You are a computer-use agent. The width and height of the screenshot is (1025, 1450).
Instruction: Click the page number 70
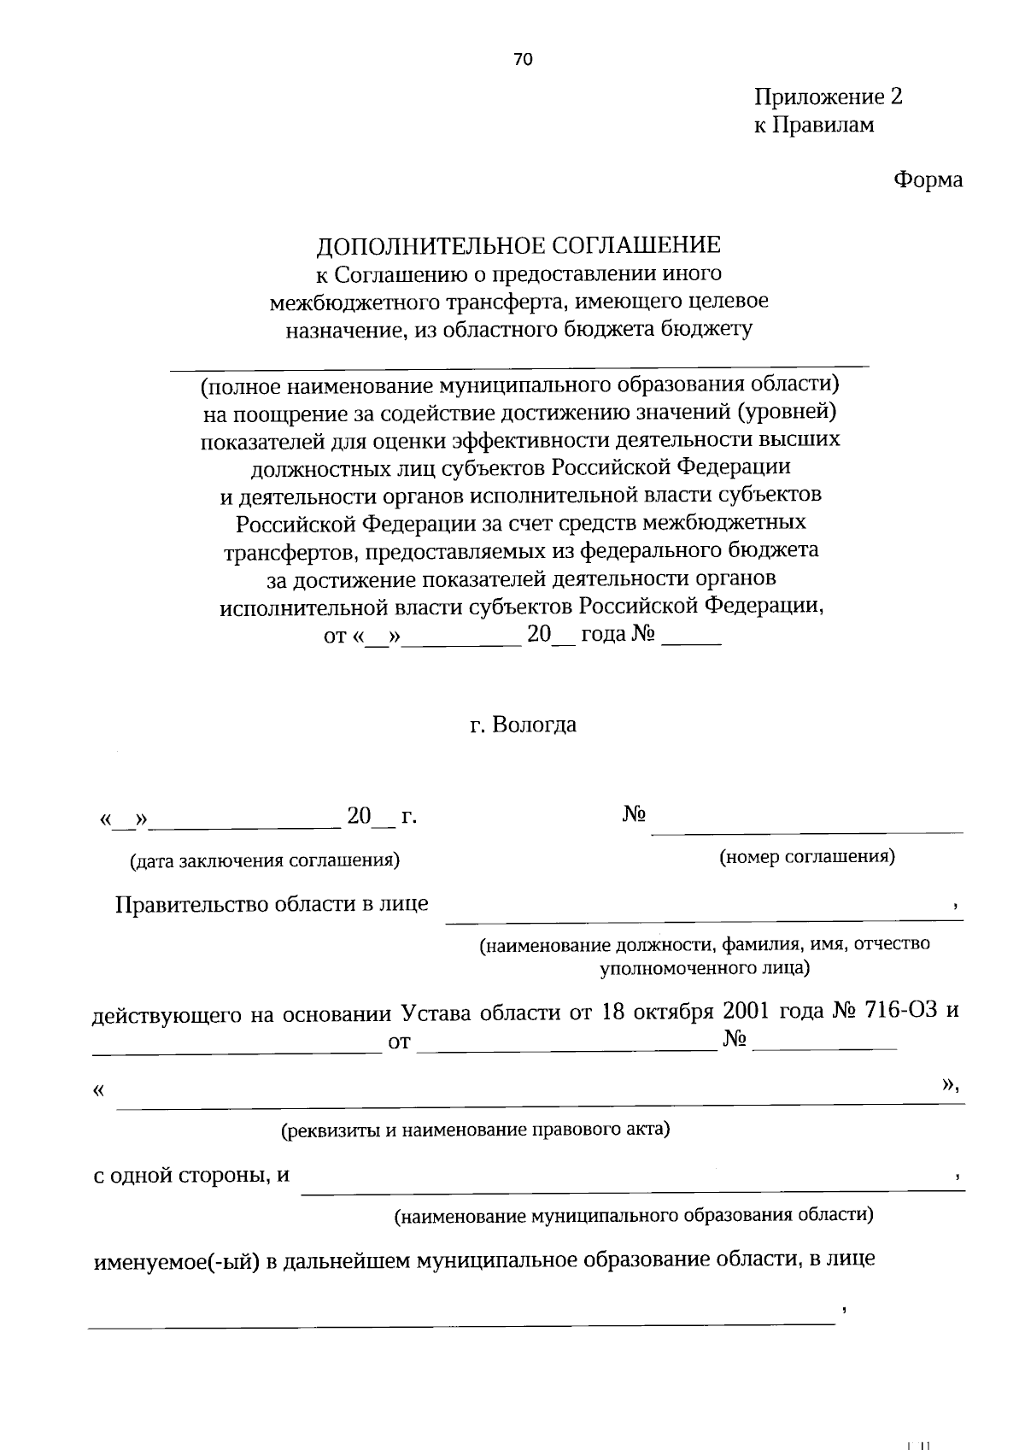click(523, 59)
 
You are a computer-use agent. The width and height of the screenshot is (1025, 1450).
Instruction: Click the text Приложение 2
click(828, 97)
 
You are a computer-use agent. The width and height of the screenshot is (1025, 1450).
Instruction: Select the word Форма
click(928, 180)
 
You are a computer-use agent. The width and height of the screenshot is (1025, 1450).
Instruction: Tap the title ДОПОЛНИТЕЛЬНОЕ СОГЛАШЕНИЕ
click(519, 246)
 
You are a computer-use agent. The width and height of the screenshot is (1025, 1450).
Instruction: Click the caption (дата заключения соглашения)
click(264, 860)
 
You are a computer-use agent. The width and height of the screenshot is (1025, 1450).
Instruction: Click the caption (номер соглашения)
click(807, 857)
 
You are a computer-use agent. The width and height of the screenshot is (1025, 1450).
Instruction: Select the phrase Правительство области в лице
click(272, 904)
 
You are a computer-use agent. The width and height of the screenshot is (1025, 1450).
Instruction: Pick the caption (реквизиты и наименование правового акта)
click(476, 1130)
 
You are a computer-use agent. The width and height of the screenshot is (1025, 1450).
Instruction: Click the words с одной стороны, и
click(191, 1176)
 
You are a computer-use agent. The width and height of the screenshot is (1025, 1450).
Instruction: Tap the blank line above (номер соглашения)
click(807, 831)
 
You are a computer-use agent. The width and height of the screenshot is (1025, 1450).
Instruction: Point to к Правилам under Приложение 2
click(813, 126)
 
